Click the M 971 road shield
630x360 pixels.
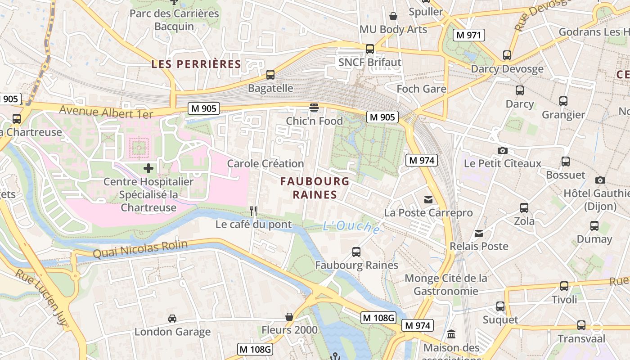pyautogui.click(x=469, y=35)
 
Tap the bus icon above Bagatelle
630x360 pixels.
pyautogui.click(x=270, y=75)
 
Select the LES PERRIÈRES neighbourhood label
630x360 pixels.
pyautogui.click(x=196, y=64)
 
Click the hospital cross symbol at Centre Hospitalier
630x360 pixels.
pyautogui.click(x=148, y=168)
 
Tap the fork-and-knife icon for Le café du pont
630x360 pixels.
pyautogui.click(x=253, y=211)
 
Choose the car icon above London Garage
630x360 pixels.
pyautogui.click(x=172, y=319)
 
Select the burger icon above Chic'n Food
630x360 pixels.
pyautogui.click(x=314, y=107)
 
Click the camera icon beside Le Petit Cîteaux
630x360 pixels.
pyautogui.click(x=503, y=150)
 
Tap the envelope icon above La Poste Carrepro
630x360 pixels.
pyautogui.click(x=428, y=199)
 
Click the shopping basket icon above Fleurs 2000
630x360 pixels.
pyautogui.click(x=289, y=317)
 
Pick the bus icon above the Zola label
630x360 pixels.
pyautogui.click(x=524, y=207)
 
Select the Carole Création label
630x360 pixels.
pyautogui.click(x=265, y=163)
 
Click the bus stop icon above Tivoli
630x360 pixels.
pyautogui.click(x=564, y=286)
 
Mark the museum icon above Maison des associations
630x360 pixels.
pyautogui.click(x=451, y=334)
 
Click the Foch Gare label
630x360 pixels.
pyautogui.click(x=421, y=89)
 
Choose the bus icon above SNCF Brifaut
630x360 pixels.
pyautogui.click(x=370, y=49)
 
